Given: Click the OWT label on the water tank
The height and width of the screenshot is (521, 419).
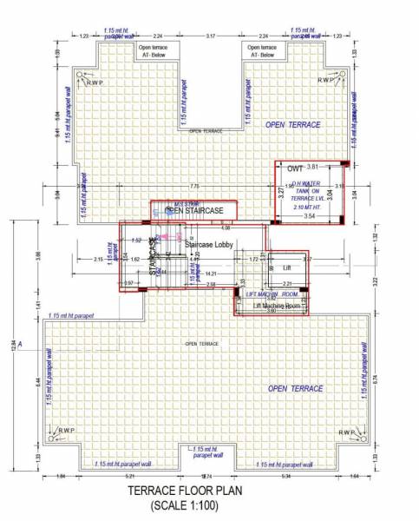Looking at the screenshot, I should [295, 167].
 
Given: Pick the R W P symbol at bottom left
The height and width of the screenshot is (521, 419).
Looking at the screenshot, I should [69, 432].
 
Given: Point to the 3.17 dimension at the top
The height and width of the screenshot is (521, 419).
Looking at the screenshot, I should [210, 37].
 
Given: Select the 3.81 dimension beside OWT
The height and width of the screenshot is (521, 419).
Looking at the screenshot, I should [314, 166].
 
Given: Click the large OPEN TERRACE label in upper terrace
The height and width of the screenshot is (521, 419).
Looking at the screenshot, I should [292, 125].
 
